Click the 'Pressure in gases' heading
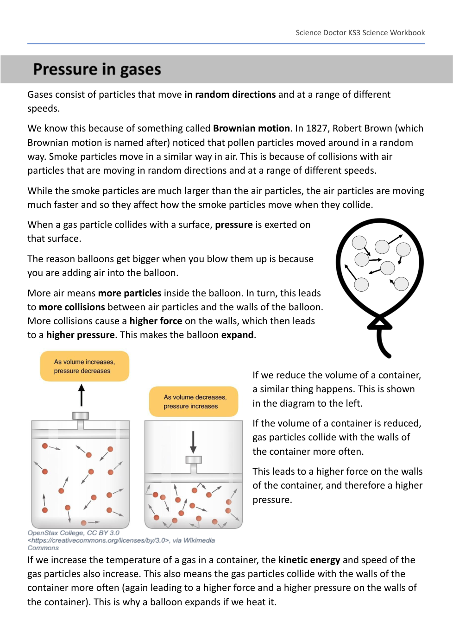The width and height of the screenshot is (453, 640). (x=97, y=69)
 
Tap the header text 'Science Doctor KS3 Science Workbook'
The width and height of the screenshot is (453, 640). (x=360, y=33)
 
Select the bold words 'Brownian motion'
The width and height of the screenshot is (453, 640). (x=251, y=128)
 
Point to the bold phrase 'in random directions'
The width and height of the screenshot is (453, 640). (x=230, y=94)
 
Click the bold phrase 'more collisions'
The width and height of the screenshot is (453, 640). (x=72, y=307)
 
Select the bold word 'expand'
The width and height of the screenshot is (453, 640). (x=237, y=335)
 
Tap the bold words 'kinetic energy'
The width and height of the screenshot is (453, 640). (x=309, y=560)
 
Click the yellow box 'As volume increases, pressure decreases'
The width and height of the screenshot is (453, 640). (x=84, y=366)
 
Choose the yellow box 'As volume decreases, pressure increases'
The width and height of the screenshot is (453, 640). (x=195, y=402)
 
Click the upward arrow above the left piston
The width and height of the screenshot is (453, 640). (x=82, y=395)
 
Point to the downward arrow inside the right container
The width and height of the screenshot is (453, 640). (x=193, y=442)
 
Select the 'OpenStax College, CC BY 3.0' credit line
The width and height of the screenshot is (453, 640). (x=73, y=533)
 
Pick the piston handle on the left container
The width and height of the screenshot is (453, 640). (x=81, y=416)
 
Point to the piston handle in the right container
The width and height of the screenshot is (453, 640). (x=194, y=460)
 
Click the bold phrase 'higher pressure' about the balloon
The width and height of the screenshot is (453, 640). (x=80, y=335)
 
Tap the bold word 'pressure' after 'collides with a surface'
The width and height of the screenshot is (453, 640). (x=233, y=225)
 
